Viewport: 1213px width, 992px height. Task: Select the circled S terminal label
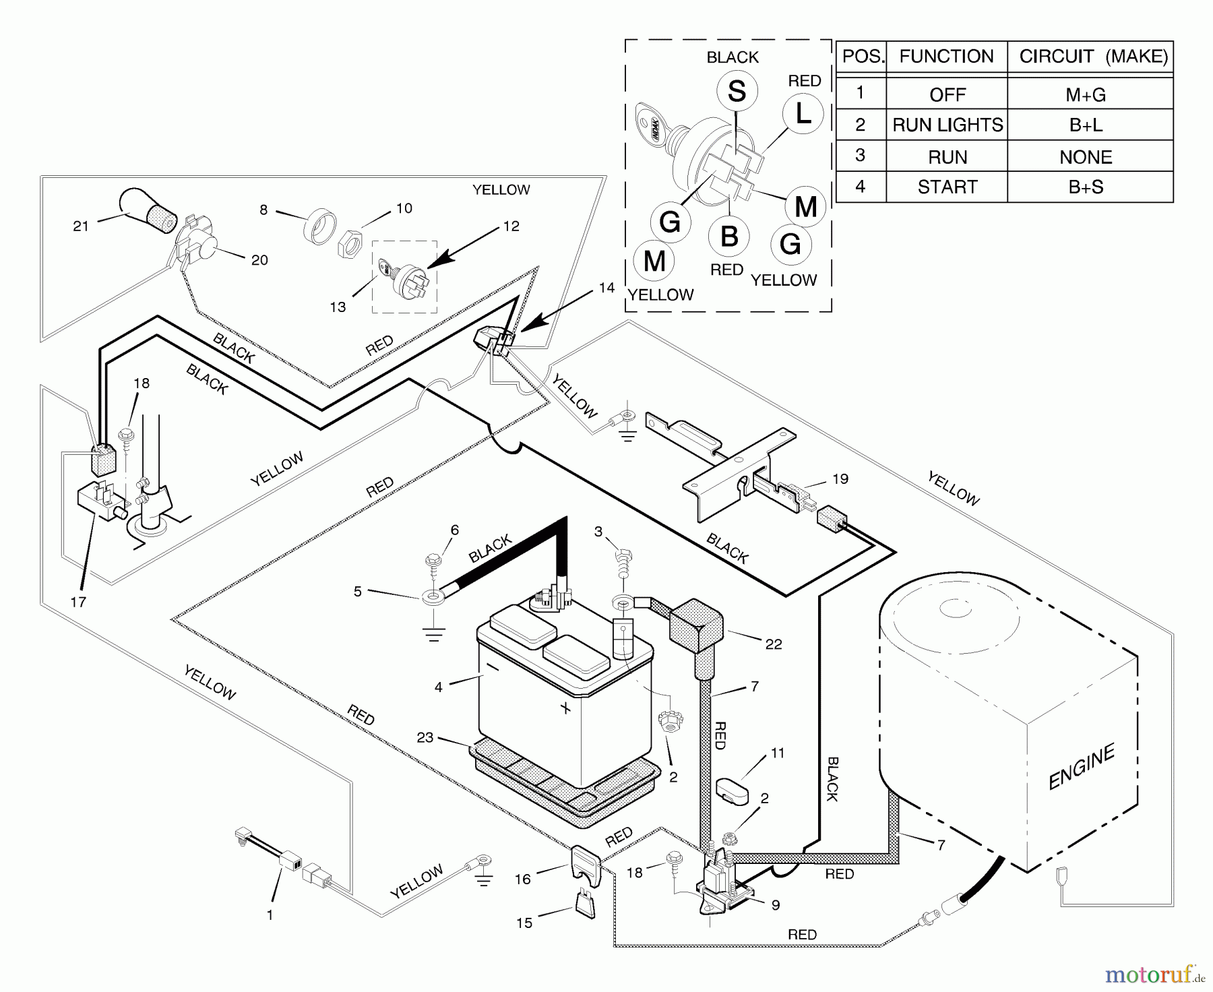737,92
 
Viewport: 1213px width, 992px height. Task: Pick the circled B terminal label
729,237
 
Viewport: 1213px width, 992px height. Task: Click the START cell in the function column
947,187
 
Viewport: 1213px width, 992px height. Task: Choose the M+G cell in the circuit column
1086,95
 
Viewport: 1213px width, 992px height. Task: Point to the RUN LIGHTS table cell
947,125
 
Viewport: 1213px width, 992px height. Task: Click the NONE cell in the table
1086,157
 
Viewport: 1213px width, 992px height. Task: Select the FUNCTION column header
947,57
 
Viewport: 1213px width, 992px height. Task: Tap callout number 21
81,226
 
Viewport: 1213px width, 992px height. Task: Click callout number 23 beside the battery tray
425,737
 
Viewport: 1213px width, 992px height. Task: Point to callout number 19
840,479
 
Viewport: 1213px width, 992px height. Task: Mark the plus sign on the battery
565,708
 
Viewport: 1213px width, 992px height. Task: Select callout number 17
78,602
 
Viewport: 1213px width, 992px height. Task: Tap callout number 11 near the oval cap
778,753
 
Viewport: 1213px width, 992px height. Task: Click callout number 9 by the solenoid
776,905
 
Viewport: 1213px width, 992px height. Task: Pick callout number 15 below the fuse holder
524,923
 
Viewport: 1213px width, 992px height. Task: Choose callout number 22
774,644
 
